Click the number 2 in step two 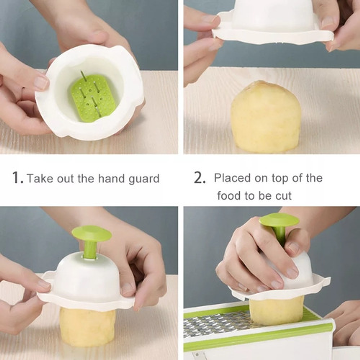pyautogui.click(x=199, y=178)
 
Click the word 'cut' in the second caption pyautogui.click(x=283, y=196)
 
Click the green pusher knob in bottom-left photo pyautogui.click(x=91, y=233)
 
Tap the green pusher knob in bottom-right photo pyautogui.click(x=279, y=219)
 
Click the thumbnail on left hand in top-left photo pyautogui.click(x=41, y=83)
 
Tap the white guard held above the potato pyautogui.click(x=273, y=22)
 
